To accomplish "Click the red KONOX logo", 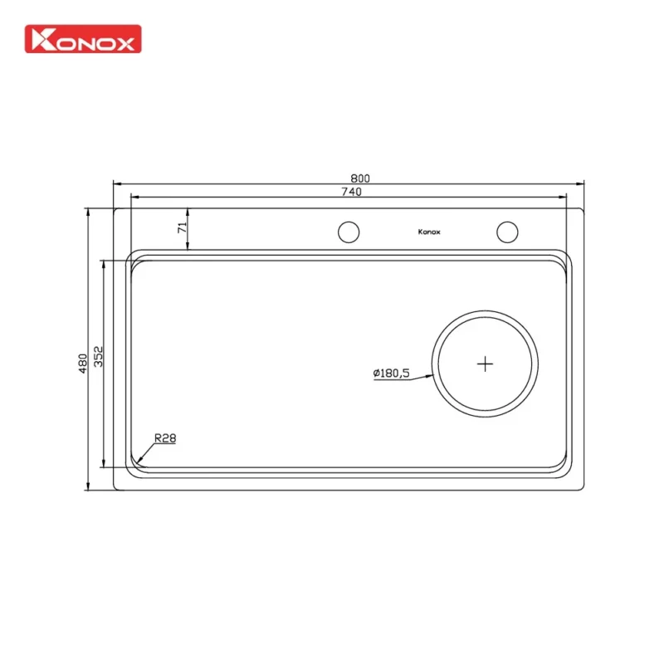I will pyautogui.click(x=83, y=39).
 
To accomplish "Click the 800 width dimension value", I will pyautogui.click(x=359, y=178).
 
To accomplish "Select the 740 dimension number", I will pyautogui.click(x=351, y=192).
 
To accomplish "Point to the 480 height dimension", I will pyautogui.click(x=82, y=363).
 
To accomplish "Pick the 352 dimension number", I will pyautogui.click(x=98, y=356).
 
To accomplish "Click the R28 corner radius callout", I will pyautogui.click(x=165, y=438).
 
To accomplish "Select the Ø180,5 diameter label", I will pyautogui.click(x=391, y=373).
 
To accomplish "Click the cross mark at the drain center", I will pyautogui.click(x=486, y=363).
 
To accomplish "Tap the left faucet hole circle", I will pyautogui.click(x=349, y=232).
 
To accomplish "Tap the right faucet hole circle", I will pyautogui.click(x=507, y=232).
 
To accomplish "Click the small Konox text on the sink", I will pyautogui.click(x=429, y=232).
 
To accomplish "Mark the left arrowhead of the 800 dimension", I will pyautogui.click(x=117, y=183).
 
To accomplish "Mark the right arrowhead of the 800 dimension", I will pyautogui.click(x=581, y=183).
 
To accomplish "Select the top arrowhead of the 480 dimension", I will pyautogui.click(x=88, y=212).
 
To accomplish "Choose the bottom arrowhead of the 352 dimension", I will pyautogui.click(x=104, y=465).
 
